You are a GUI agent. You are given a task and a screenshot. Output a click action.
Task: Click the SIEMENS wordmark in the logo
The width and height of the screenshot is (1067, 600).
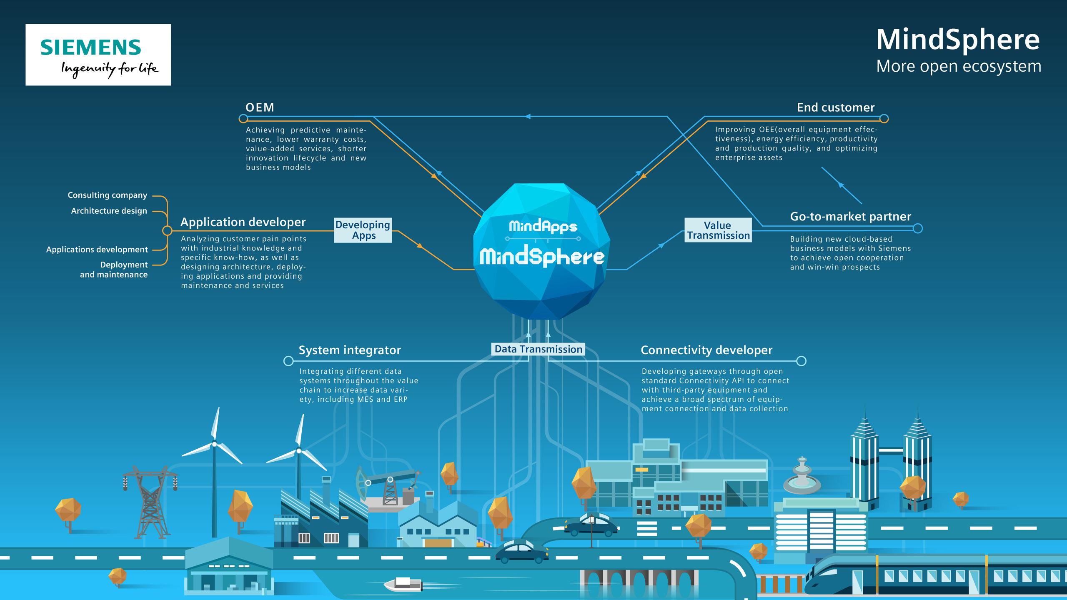[90, 47]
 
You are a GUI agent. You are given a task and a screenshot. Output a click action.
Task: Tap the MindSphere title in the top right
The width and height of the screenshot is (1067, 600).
[958, 40]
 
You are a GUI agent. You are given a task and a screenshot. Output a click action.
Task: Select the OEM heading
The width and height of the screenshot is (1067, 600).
[260, 107]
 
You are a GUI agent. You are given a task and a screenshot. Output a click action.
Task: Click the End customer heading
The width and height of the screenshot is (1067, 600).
[835, 107]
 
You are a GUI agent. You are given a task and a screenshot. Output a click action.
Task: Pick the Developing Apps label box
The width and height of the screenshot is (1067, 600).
[363, 230]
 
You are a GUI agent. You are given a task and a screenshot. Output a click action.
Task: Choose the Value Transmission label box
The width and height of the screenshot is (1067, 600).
[718, 230]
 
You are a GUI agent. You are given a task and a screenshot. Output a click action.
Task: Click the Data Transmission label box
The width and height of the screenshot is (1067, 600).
[538, 349]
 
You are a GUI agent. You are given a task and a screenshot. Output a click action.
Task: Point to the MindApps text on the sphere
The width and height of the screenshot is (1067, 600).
[543, 226]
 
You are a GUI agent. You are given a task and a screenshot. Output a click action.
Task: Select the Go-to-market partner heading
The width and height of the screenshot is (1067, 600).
[850, 217]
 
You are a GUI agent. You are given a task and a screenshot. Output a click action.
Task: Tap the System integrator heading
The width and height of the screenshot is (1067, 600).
[349, 350]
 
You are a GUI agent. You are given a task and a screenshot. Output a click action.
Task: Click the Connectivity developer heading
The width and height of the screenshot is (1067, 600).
[706, 350]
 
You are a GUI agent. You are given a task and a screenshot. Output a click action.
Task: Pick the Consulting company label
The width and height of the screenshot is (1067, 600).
[107, 195]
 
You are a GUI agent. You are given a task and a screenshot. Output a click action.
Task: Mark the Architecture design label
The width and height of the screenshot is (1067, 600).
[109, 211]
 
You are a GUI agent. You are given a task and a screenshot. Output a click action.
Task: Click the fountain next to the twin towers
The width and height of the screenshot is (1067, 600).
[802, 477]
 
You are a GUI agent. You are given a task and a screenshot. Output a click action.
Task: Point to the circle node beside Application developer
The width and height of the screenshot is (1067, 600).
[167, 230]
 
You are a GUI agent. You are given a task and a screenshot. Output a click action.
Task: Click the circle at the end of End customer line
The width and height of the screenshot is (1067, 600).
[884, 119]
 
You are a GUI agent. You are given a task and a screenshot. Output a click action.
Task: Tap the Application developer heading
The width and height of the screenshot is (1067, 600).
[243, 222]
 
